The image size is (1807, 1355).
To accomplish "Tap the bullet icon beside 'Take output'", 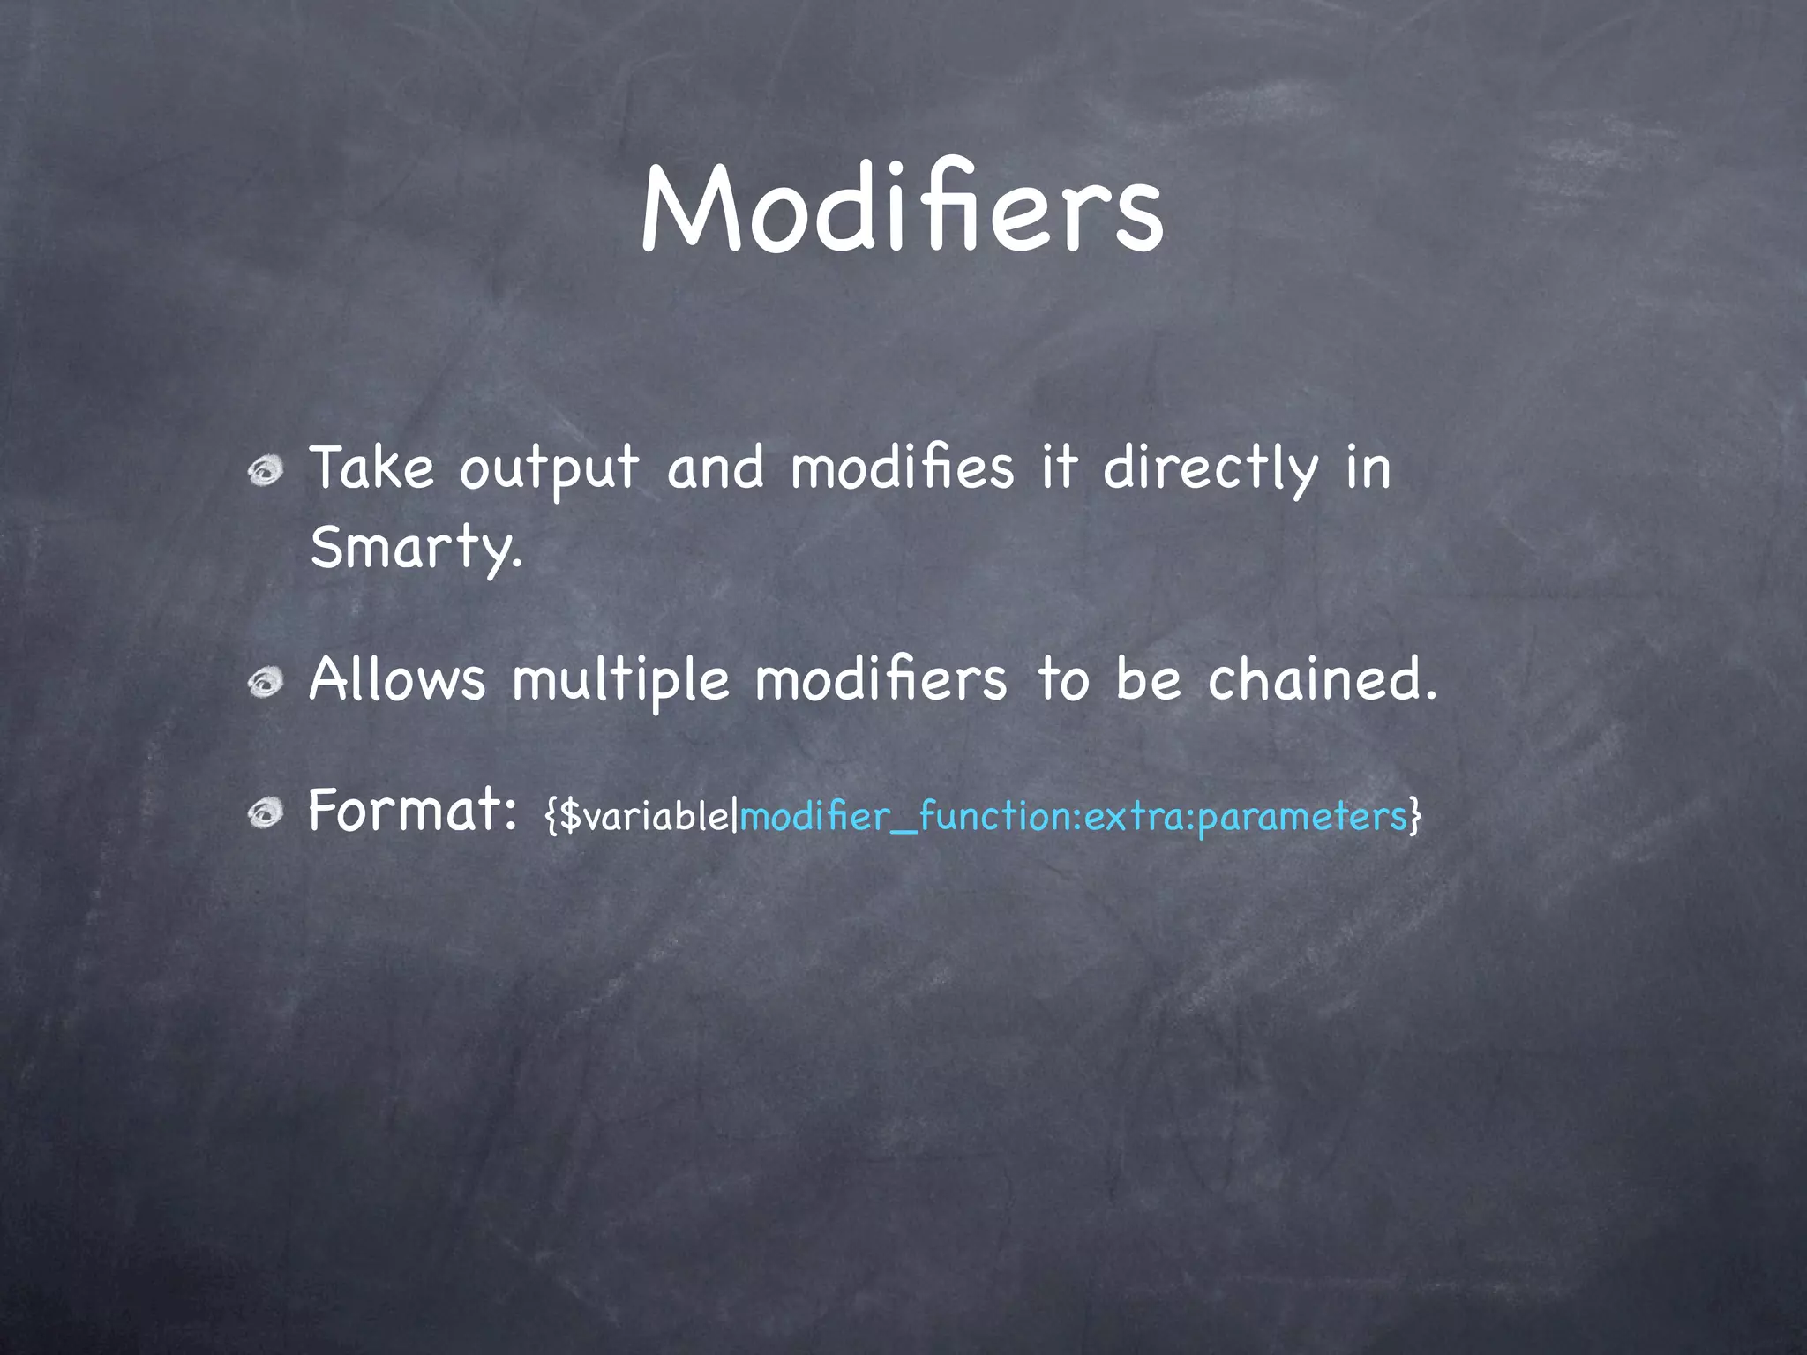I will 265,471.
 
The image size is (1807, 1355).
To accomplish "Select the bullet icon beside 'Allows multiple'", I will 265,682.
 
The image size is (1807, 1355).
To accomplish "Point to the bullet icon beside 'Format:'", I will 265,812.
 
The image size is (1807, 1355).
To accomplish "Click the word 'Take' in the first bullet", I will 371,468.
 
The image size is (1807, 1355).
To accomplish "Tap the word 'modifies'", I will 902,468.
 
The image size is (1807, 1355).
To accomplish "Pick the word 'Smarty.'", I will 416,548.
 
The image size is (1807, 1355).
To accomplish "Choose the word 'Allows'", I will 397,679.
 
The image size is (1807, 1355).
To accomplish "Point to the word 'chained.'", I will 1322,679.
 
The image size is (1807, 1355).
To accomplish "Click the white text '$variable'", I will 644,816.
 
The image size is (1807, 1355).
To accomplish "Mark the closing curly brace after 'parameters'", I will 1415,816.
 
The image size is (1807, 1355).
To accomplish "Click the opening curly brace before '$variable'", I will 551,816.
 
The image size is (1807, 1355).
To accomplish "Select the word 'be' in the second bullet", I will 1148,679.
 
